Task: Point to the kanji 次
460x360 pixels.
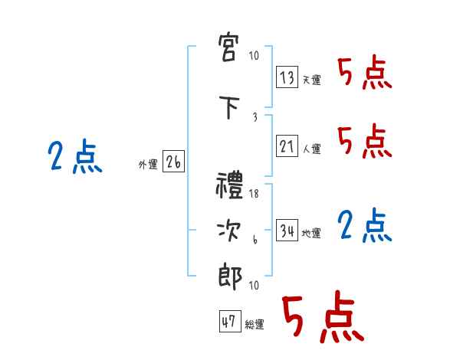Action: tap(230, 231)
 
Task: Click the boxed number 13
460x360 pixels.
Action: tap(287, 77)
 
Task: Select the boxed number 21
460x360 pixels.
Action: tap(287, 146)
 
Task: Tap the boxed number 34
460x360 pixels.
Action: tap(287, 231)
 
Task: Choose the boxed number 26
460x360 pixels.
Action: tap(173, 162)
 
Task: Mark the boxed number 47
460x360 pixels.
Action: tap(229, 322)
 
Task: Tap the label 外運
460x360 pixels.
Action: tap(148, 165)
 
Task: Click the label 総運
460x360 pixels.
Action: tap(254, 325)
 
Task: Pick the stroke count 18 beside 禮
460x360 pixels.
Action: tap(254, 195)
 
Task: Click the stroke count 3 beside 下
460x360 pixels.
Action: tap(255, 117)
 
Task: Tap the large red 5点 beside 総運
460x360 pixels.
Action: tap(322, 319)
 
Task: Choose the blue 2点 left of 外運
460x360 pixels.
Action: tap(75, 158)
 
